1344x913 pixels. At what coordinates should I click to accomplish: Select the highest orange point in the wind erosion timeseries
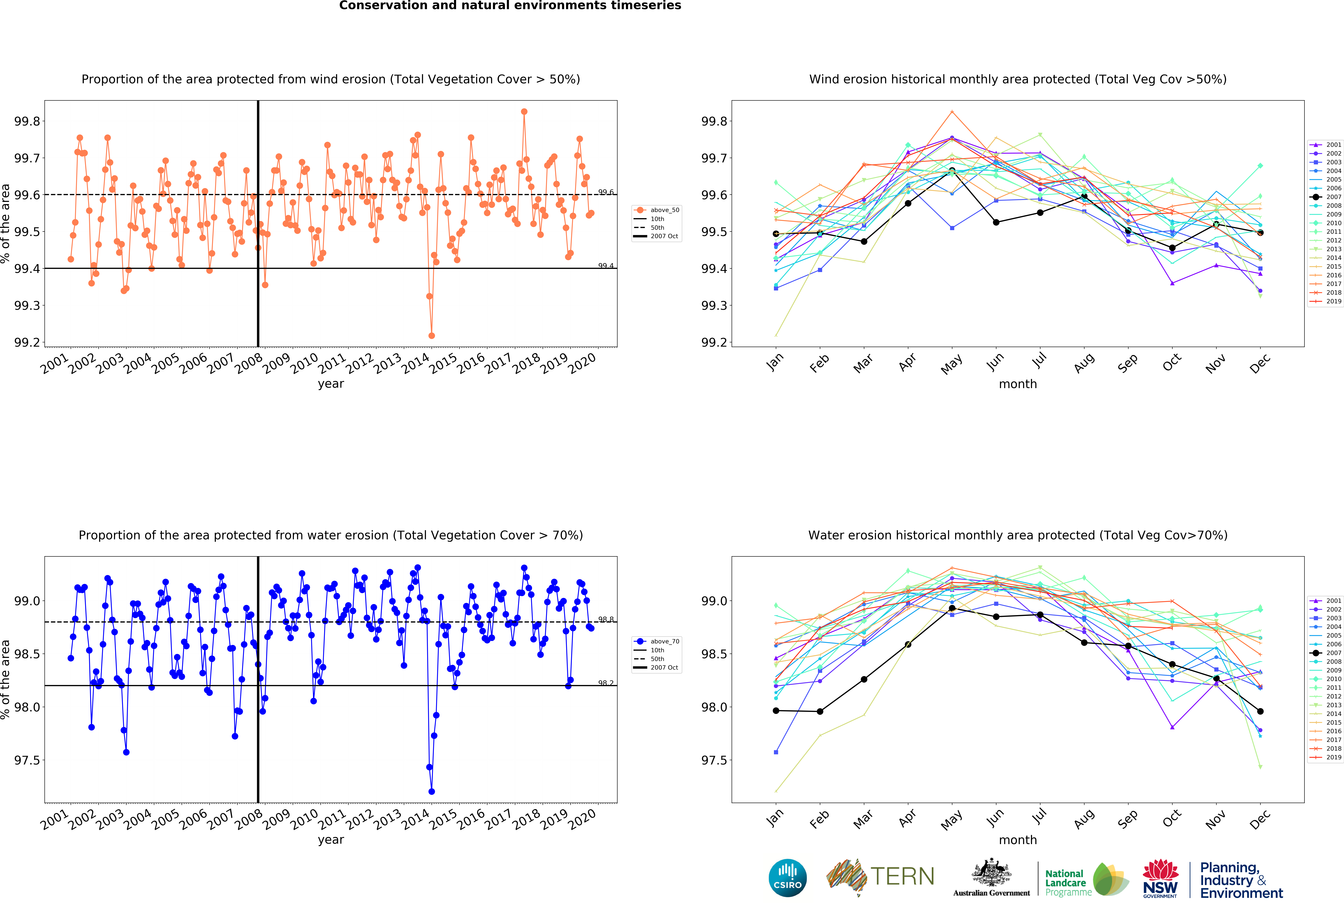[x=524, y=112]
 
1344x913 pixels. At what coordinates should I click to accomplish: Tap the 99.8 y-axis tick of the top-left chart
[x=27, y=121]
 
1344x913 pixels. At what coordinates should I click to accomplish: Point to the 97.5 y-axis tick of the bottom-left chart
[x=27, y=760]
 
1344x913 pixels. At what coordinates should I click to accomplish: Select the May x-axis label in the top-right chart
[x=951, y=364]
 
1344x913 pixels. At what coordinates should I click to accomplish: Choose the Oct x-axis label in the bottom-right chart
[x=1172, y=819]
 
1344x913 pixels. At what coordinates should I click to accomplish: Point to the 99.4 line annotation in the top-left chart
[x=606, y=266]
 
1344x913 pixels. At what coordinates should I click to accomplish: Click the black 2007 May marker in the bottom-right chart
[x=952, y=608]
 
